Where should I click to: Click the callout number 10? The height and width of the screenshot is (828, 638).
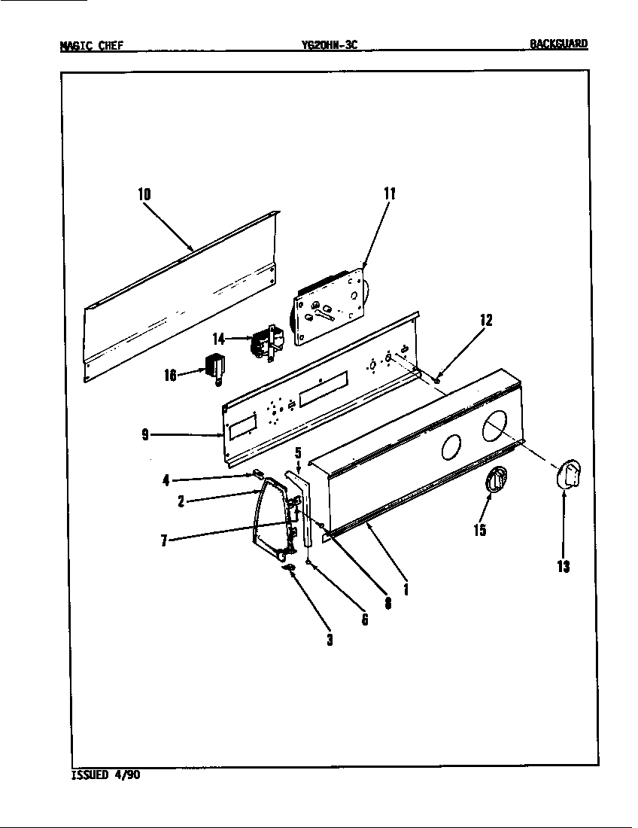(x=144, y=194)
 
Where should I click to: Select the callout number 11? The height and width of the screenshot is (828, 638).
(x=390, y=194)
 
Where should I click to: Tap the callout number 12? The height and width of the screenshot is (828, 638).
(x=486, y=321)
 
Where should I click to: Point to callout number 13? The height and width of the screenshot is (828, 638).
(x=564, y=566)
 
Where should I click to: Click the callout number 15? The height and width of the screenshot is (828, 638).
(x=479, y=531)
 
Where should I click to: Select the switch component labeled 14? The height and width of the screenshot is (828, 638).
(x=266, y=342)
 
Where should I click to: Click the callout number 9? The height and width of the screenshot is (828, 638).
(x=144, y=434)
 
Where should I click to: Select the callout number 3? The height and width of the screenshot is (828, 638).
(x=329, y=641)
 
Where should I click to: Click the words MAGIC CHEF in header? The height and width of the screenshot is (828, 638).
(x=91, y=44)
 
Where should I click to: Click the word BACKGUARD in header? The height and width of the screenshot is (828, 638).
(x=558, y=44)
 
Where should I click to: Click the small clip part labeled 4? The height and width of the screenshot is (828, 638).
(x=256, y=474)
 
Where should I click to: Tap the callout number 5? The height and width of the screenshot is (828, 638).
(x=298, y=453)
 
